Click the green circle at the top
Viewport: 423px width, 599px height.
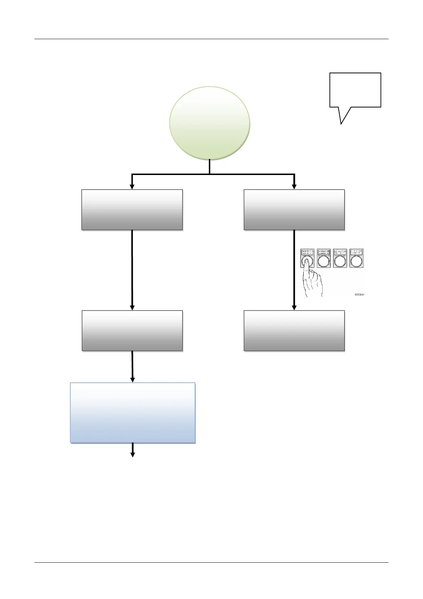click(210, 123)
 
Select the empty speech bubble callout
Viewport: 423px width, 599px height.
click(355, 90)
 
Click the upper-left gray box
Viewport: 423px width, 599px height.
click(132, 210)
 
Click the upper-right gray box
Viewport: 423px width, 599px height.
click(294, 210)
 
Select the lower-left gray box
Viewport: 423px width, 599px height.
click(132, 330)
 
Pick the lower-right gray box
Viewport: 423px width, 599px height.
click(294, 330)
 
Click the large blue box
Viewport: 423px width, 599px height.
click(133, 413)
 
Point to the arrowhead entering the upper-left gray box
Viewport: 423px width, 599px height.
click(132, 186)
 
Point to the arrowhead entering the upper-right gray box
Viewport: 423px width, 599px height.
click(294, 186)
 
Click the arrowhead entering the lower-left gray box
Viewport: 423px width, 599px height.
click(132, 307)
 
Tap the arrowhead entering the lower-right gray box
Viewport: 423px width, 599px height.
click(294, 307)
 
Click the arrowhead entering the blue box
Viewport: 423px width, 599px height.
click(133, 380)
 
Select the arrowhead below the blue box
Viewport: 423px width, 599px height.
click(133, 454)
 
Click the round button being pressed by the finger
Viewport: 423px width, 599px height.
click(307, 262)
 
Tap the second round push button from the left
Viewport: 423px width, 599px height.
click(324, 262)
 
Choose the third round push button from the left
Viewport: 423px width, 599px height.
click(340, 262)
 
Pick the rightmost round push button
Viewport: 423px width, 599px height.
click(356, 262)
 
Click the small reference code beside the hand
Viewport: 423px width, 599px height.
click(359, 295)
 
